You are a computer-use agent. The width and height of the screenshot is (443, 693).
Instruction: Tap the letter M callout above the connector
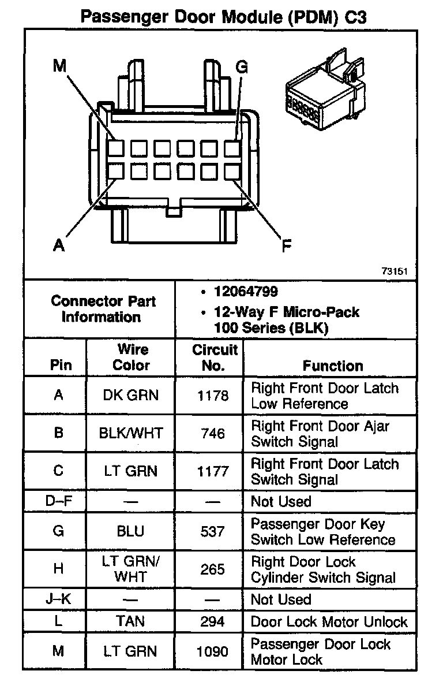60,66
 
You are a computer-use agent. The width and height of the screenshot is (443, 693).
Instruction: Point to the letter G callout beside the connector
242,67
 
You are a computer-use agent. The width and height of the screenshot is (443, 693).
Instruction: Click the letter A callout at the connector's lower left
58,246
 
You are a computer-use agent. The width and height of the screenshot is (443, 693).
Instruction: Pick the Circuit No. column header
215,357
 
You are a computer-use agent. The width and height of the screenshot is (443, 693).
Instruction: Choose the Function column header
333,366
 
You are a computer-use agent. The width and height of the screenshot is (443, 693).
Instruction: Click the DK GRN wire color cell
130,396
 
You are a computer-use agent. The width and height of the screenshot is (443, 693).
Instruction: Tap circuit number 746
213,433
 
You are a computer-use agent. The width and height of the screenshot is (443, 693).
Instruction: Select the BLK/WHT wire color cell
130,433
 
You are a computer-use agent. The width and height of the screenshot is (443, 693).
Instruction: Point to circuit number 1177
213,471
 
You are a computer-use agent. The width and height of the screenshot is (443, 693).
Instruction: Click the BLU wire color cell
130,531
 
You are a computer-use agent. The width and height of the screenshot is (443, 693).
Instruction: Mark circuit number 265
213,569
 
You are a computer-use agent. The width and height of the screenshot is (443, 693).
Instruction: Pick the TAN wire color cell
130,621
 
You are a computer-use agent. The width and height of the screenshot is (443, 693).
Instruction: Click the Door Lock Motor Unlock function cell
329,622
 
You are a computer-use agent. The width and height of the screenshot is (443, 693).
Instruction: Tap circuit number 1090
213,651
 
